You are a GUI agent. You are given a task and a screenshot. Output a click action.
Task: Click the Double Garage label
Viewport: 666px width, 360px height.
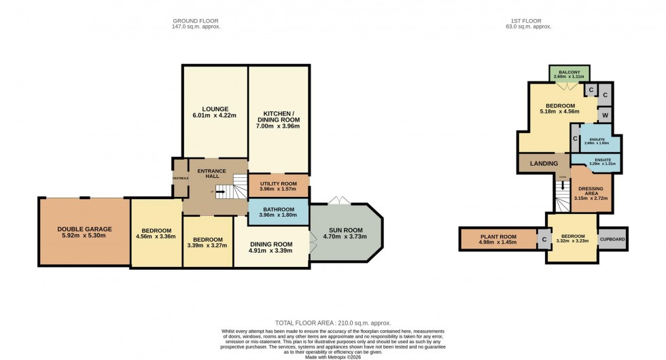click(x=84, y=229)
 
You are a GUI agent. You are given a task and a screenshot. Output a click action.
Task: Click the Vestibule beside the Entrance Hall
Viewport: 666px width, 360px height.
click(x=179, y=178)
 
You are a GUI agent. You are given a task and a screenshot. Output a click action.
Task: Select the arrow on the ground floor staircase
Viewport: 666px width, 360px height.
click(x=220, y=192)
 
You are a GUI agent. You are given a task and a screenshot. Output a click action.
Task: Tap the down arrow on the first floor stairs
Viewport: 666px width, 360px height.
click(x=562, y=186)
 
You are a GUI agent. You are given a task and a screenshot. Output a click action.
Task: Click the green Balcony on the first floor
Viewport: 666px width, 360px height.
click(x=569, y=74)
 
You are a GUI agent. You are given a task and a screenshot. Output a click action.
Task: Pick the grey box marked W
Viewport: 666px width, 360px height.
click(x=604, y=114)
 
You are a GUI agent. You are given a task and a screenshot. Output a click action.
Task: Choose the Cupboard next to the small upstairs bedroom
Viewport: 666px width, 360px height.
click(x=612, y=239)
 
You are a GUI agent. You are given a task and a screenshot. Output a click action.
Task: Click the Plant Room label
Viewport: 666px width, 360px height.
click(x=497, y=236)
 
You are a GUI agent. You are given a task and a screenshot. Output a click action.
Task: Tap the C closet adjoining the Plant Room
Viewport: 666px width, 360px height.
click(x=544, y=240)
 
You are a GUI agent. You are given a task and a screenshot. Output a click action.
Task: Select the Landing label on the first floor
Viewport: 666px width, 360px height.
click(x=544, y=164)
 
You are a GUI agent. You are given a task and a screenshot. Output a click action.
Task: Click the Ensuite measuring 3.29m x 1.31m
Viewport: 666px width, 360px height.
click(x=596, y=162)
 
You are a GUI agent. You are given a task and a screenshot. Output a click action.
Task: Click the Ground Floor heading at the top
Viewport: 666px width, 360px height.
click(x=197, y=20)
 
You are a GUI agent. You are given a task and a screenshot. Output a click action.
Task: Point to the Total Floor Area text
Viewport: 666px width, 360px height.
click(x=333, y=323)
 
